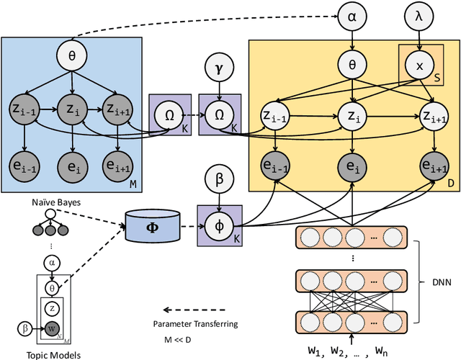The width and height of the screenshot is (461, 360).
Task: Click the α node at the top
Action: point(351,17)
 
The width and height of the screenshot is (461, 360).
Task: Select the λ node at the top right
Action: point(419,17)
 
